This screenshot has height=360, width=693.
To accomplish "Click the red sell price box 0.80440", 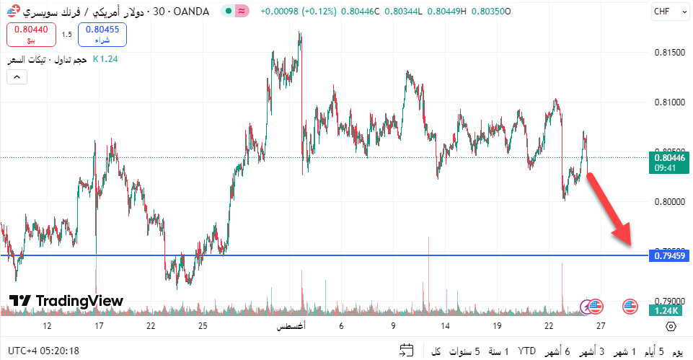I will [x=30, y=34].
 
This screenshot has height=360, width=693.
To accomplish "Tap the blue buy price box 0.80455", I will [x=102, y=34].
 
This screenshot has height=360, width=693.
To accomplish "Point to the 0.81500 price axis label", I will [x=670, y=53].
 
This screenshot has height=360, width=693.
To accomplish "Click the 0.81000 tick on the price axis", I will [x=670, y=102].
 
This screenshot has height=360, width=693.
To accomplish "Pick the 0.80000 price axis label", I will [x=670, y=202].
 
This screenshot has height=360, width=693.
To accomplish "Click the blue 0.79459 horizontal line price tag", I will [x=670, y=255].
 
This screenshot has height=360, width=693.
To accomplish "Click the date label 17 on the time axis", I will [x=99, y=326].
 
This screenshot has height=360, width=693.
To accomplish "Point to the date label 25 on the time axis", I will [x=203, y=326].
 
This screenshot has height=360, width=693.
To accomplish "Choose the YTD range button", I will [x=526, y=351].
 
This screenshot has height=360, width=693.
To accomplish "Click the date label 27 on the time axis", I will [x=599, y=326].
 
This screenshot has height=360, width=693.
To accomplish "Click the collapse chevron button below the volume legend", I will [x=17, y=77].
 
